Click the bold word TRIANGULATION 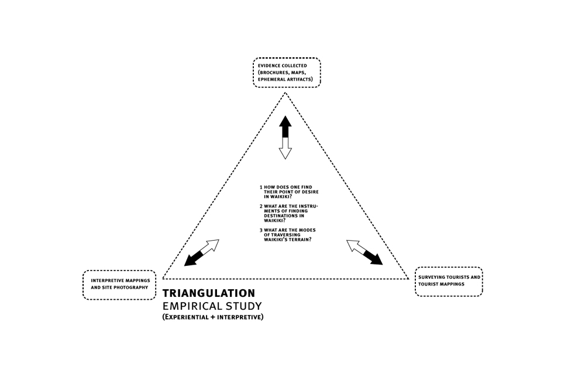click(x=209, y=293)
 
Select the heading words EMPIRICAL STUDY click(x=212, y=306)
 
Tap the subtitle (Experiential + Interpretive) click(x=213, y=317)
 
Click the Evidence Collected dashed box click(x=287, y=72)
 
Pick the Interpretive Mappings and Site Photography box click(x=119, y=285)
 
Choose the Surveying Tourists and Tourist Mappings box click(x=449, y=282)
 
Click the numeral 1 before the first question click(x=261, y=188)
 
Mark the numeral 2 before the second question click(x=261, y=206)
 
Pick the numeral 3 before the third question click(x=261, y=230)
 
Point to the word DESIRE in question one click(x=311, y=192)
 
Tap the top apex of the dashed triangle click(x=285, y=93)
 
